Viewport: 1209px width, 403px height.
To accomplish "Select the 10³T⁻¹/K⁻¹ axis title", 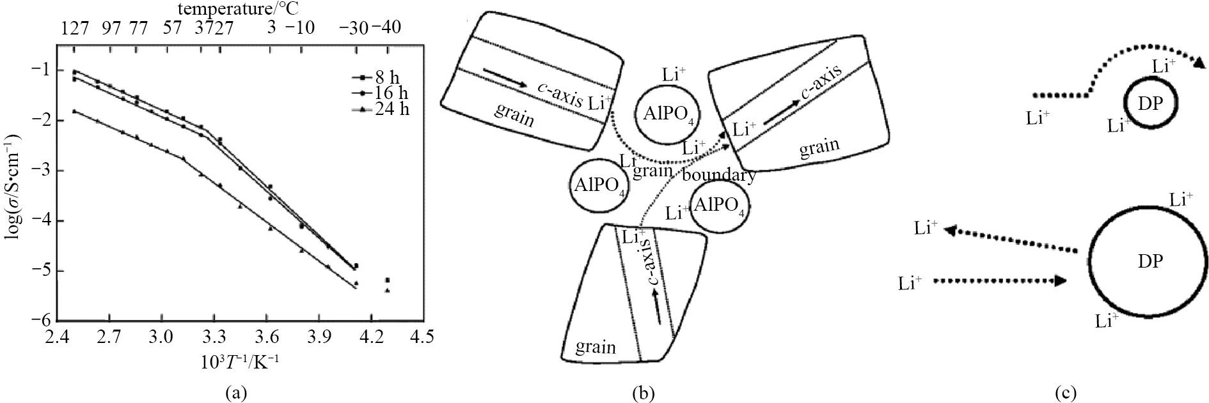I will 240,360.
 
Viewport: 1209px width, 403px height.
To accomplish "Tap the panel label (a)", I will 237,392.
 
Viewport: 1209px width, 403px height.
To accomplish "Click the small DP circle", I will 1150,104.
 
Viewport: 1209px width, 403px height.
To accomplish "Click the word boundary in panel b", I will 720,174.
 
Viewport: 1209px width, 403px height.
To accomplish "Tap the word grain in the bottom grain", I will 596,347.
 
